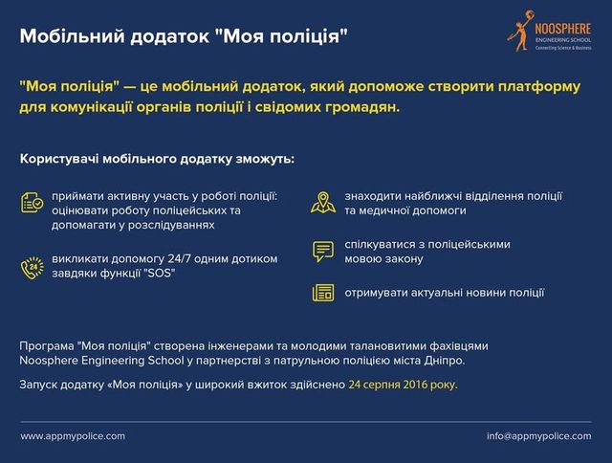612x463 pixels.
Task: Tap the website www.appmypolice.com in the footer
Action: coord(73,436)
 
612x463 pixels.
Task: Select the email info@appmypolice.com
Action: coord(538,436)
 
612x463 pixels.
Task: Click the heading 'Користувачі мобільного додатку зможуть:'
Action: coord(157,157)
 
